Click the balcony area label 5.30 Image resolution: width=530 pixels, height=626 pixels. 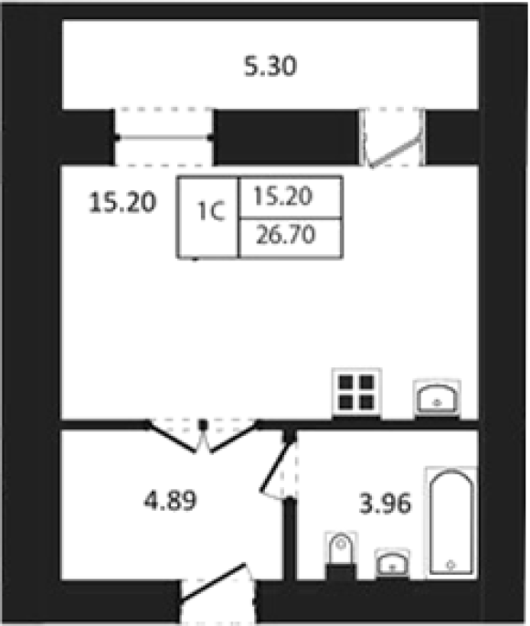pos(270,67)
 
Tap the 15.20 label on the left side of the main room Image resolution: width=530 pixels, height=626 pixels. pos(122,202)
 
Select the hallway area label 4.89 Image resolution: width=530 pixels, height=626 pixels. pos(170,500)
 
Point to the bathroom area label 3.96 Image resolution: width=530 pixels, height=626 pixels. pos(385,503)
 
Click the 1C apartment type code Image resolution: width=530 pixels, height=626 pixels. pos(211,211)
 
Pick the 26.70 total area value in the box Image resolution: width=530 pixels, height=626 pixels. pos(286,235)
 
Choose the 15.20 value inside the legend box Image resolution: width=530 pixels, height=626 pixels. pos(283,196)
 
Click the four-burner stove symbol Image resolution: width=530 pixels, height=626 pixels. pos(356,392)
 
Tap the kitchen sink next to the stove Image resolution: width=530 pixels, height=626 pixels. pos(437,398)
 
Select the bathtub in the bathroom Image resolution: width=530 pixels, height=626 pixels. pos(451,522)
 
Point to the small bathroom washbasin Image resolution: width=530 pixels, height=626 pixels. pos(392,563)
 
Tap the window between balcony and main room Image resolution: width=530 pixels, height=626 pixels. pos(164,137)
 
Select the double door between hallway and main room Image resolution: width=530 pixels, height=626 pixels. pos(203,437)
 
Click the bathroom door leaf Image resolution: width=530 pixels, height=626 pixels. pos(275,464)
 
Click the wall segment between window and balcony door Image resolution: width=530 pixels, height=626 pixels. pos(287,137)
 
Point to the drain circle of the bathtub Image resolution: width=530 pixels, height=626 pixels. pos(451,565)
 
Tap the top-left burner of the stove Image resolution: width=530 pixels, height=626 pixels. pos(346,382)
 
